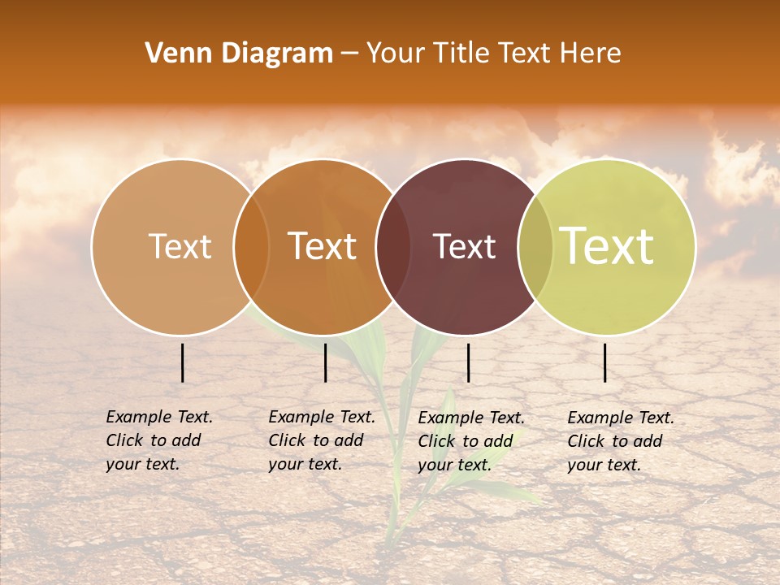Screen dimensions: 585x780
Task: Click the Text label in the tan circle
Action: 180,246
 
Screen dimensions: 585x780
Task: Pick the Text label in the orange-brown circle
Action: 323,246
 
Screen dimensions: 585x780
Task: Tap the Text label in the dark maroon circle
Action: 465,246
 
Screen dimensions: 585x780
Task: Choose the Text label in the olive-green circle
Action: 607,246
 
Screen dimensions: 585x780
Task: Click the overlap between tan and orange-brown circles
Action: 251,246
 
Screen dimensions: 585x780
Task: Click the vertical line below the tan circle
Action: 183,362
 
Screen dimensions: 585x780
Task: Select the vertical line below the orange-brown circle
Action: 325,362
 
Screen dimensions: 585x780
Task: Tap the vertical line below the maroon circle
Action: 468,362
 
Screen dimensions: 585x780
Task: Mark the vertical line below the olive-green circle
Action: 604,362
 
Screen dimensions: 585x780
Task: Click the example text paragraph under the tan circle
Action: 158,440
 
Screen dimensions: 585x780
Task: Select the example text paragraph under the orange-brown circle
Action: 321,440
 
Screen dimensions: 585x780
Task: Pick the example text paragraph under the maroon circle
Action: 470,441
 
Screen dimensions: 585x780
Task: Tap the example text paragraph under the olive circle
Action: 620,441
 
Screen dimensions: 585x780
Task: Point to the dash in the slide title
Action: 349,54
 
